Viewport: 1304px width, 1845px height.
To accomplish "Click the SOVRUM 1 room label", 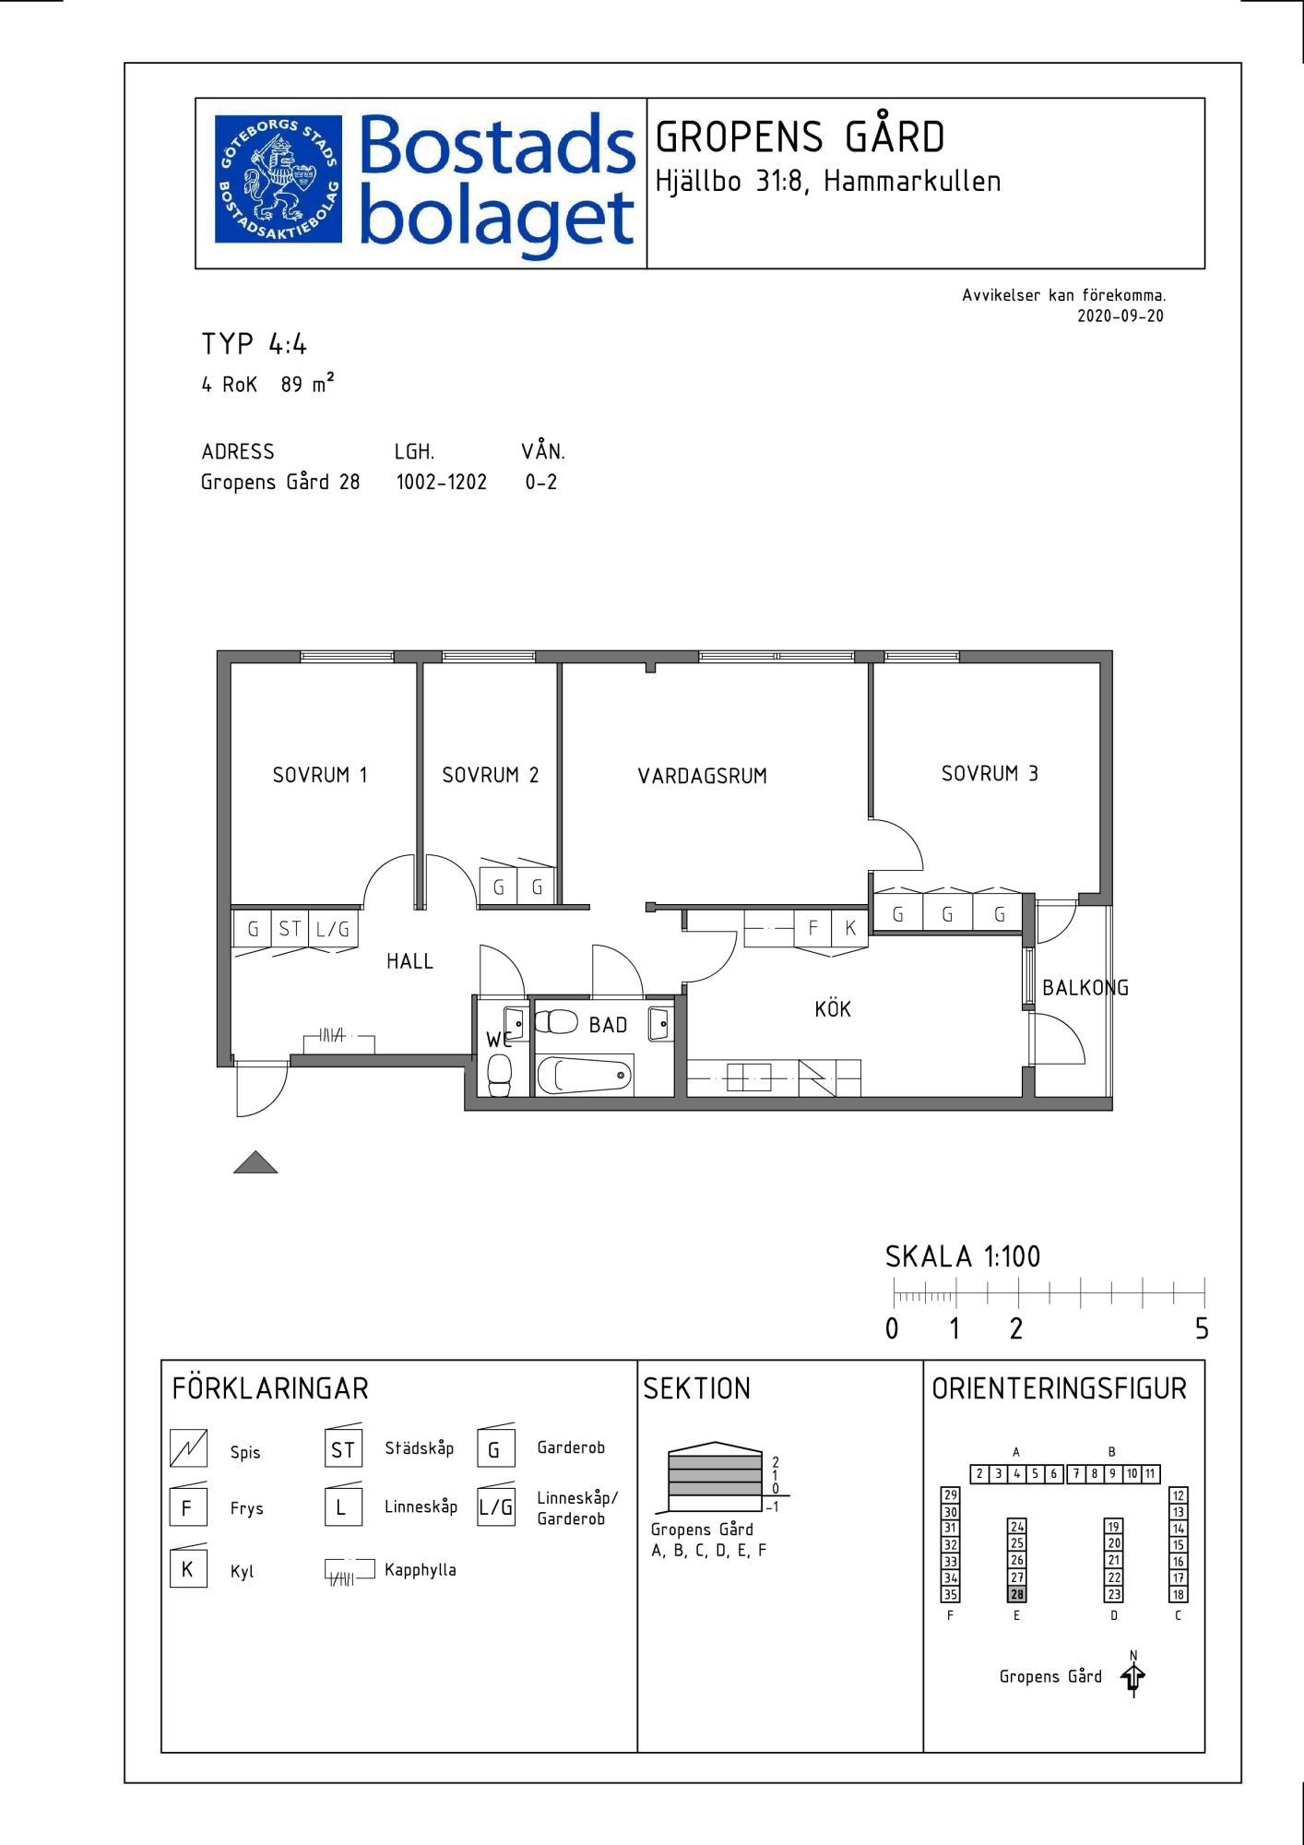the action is tap(320, 775).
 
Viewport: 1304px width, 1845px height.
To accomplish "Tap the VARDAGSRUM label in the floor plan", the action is tap(703, 776).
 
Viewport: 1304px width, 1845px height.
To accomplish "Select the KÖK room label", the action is tap(833, 1008).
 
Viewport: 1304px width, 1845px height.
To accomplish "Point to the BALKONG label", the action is tap(1085, 987).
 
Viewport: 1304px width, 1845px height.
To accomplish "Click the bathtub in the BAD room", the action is tap(585, 1075).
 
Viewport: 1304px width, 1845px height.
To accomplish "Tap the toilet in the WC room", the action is tap(500, 1075).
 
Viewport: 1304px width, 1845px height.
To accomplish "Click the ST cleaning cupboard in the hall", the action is tap(290, 929).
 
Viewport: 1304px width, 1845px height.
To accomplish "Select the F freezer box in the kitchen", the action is tap(812, 928).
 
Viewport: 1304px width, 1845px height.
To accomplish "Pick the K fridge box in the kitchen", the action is tap(850, 928).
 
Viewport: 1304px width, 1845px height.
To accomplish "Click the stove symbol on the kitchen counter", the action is tap(817, 1077).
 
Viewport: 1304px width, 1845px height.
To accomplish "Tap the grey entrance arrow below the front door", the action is tap(255, 1162).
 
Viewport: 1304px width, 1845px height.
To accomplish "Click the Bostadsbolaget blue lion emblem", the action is tap(279, 179).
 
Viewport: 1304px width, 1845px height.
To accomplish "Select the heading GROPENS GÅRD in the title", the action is tap(800, 137).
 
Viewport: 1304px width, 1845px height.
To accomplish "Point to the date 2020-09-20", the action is tap(1120, 315).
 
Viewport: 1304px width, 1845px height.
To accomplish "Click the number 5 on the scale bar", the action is tap(1202, 1328).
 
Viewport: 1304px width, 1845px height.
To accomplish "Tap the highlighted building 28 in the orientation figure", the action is tap(1017, 1594).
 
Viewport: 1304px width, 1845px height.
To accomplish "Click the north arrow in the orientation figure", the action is tap(1133, 1675).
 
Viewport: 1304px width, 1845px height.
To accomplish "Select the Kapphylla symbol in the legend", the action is tap(350, 1569).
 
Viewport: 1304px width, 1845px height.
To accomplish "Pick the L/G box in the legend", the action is tap(495, 1507).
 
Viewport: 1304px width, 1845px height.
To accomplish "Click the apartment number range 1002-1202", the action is tap(442, 482).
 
